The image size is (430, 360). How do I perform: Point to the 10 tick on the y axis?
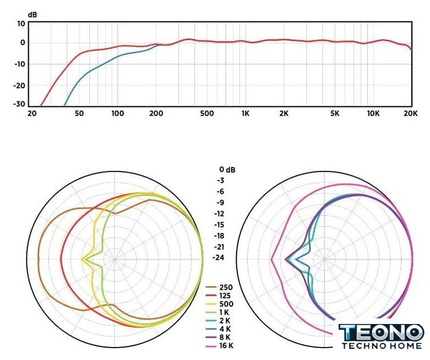21,24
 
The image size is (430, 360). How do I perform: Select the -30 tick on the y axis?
19,104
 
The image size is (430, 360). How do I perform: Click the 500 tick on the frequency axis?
206,114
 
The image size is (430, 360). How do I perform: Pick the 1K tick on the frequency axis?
245,114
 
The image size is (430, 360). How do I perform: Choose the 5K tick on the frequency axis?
334,114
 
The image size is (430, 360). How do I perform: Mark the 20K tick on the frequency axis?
411,114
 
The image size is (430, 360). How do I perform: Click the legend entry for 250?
227,287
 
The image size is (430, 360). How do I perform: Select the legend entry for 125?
227,295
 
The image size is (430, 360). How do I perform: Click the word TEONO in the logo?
381,332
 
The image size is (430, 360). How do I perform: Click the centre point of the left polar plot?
114,259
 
